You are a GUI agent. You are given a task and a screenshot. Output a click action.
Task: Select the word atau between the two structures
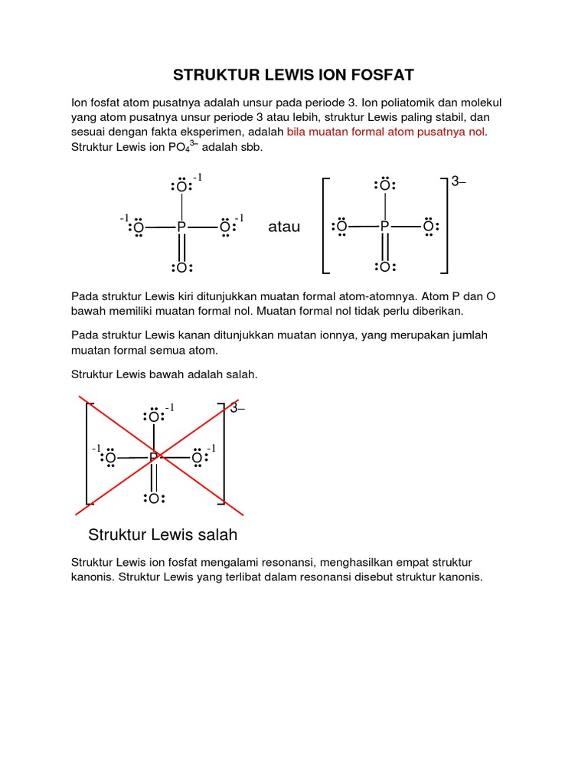[284, 227]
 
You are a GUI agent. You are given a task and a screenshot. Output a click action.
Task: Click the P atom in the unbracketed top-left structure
[181, 227]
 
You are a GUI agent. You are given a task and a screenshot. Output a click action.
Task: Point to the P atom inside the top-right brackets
[385, 227]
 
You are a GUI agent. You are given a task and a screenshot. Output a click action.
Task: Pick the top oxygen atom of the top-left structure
[181, 187]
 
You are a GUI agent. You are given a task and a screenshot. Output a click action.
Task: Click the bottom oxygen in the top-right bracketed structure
[385, 267]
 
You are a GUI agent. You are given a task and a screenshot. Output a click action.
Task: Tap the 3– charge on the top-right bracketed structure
[458, 182]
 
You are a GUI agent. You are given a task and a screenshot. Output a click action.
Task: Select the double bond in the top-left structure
[181, 247]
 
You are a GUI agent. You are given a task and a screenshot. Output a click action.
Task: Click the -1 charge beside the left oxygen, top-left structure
[125, 218]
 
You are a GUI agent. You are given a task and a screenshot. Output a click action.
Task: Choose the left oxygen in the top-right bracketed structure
[341, 227]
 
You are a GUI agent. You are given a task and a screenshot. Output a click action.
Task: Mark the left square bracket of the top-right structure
[325, 225]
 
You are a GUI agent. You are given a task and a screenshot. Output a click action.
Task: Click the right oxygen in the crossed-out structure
[197, 459]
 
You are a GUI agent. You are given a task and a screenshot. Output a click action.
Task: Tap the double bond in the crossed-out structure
[154, 479]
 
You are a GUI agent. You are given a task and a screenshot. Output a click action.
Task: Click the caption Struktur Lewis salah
[163, 534]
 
